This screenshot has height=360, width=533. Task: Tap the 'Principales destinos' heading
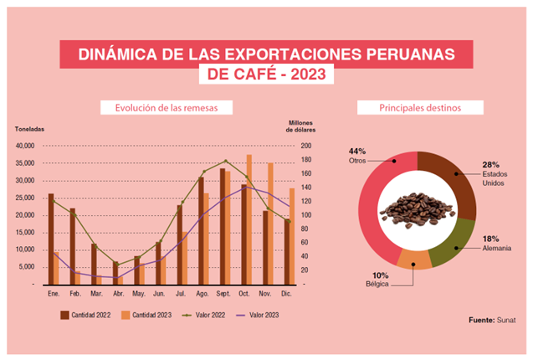click(419, 108)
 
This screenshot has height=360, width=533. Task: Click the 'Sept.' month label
click(223, 294)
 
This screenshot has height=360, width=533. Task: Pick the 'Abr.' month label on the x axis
click(117, 294)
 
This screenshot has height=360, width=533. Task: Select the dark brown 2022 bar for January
click(51, 239)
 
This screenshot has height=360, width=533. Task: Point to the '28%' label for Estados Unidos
click(489, 164)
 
